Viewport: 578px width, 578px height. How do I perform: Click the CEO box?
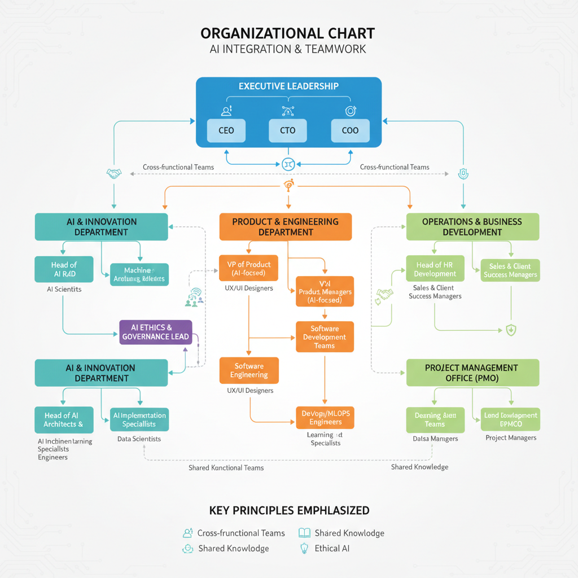(226, 130)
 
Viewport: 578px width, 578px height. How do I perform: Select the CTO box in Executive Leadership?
(287, 130)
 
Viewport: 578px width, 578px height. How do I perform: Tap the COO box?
(350, 130)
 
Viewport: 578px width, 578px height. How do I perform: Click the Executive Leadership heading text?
(288, 86)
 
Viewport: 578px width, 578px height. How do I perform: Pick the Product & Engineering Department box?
(286, 227)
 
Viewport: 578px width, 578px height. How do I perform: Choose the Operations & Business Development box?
(472, 227)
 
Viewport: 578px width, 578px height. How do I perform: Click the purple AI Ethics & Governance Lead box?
(156, 332)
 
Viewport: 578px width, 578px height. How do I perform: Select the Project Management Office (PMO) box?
(472, 373)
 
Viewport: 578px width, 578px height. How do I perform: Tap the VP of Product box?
(248, 269)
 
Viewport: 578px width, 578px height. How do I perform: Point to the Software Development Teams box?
(325, 337)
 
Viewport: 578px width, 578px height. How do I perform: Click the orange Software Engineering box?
(249, 370)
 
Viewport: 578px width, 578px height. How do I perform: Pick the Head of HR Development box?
(435, 269)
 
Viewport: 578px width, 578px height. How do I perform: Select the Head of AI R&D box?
(63, 269)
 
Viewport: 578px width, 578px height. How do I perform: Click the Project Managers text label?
(511, 438)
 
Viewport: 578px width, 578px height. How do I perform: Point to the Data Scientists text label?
(139, 439)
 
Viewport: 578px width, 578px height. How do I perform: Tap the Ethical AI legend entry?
(332, 548)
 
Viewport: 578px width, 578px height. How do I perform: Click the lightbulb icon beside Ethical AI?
(304, 548)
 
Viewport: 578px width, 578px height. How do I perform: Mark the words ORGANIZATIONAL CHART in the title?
(288, 33)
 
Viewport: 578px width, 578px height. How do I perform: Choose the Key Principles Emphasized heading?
(289, 511)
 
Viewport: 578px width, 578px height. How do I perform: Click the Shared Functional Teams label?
(226, 467)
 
